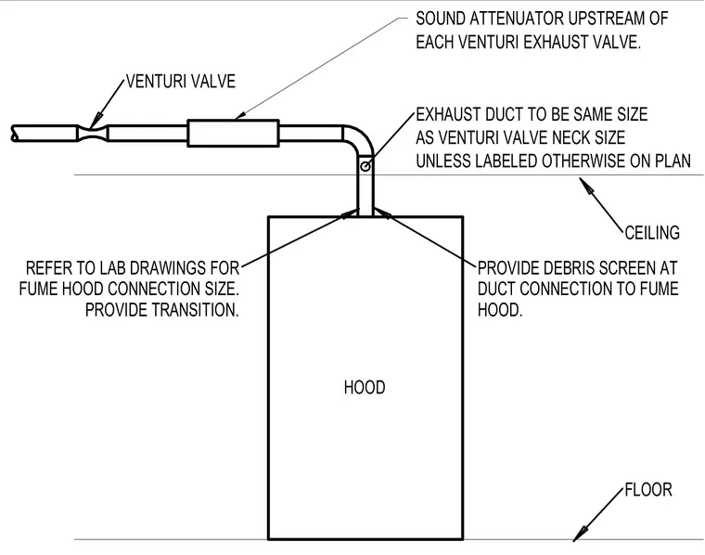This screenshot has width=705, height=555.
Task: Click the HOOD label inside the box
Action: coord(365,387)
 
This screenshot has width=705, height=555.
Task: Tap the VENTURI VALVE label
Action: coord(181,82)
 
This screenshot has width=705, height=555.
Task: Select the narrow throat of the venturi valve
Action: coord(94,133)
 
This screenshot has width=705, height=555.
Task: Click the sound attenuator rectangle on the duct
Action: coord(233,133)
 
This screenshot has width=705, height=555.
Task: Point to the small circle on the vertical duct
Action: coord(365,166)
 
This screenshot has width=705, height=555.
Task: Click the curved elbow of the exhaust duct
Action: coord(364,137)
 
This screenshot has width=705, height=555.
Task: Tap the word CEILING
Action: coord(652,233)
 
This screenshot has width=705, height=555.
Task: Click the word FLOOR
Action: coord(648,489)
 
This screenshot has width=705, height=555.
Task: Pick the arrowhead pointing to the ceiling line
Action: coord(585,185)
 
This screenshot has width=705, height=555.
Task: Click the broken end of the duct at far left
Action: coord(14,133)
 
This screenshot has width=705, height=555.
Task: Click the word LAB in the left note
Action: coord(113,268)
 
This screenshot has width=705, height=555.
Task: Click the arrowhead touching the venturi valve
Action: coord(94,123)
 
